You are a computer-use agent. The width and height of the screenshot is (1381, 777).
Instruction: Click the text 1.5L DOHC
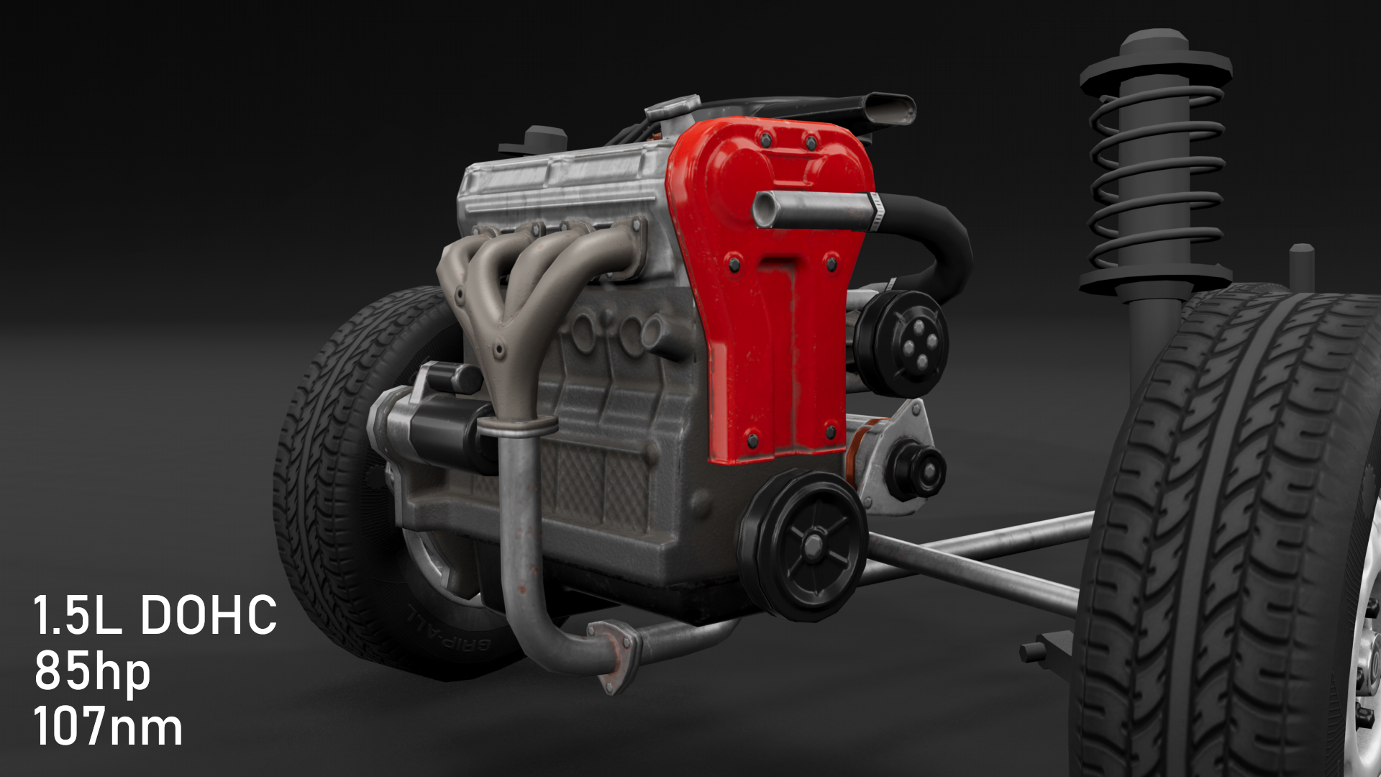[x=155, y=615]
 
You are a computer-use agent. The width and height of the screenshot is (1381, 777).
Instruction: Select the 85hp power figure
[x=92, y=672]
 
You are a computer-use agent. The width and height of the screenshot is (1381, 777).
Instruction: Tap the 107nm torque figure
[x=108, y=727]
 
